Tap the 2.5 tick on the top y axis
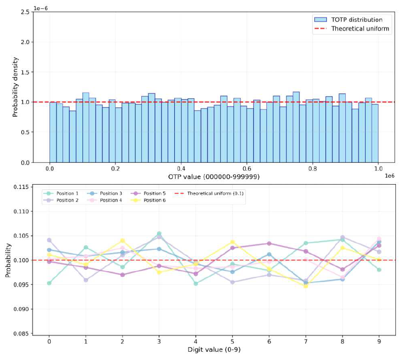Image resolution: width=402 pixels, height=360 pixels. (25, 12)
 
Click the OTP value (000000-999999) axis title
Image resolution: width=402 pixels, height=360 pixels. (213, 177)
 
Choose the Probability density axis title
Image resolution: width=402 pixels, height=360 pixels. (15, 87)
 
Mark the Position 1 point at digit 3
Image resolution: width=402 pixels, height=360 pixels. (159, 233)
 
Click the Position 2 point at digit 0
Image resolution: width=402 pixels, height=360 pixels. (49, 240)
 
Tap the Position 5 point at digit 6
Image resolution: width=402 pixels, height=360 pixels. (269, 243)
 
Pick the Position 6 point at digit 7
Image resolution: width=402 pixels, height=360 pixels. (306, 286)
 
